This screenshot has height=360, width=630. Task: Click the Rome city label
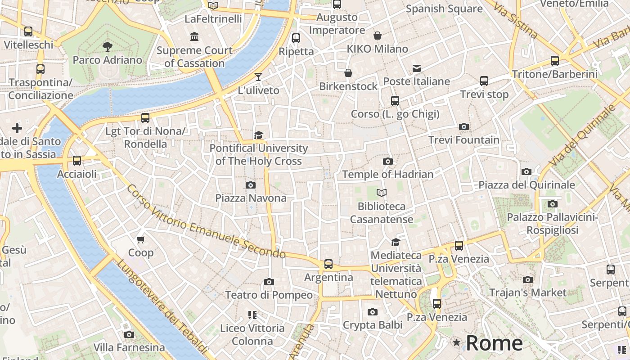(494, 343)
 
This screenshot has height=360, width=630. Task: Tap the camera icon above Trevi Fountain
(463, 127)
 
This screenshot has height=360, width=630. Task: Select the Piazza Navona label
(251, 198)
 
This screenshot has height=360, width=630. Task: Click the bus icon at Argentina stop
(328, 264)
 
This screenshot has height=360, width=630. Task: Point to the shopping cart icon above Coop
(141, 239)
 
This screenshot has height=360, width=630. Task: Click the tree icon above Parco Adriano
(107, 46)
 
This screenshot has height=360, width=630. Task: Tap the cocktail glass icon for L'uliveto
(258, 77)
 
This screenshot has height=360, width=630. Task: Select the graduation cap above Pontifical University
(258, 135)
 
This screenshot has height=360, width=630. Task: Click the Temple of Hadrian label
(387, 174)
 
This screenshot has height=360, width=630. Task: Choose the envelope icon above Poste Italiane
(417, 68)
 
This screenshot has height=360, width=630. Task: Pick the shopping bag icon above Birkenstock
(348, 73)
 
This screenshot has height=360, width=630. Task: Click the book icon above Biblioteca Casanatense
(382, 193)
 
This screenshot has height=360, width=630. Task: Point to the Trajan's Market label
(528, 292)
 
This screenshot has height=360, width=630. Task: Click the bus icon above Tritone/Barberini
(555, 61)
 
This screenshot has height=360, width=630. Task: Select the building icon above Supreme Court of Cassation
(194, 37)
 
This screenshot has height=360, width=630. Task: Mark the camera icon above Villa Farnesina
(129, 334)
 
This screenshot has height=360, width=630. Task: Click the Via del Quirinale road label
(584, 135)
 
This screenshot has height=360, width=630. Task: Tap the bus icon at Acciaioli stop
(77, 161)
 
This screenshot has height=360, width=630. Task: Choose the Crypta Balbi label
(372, 325)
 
